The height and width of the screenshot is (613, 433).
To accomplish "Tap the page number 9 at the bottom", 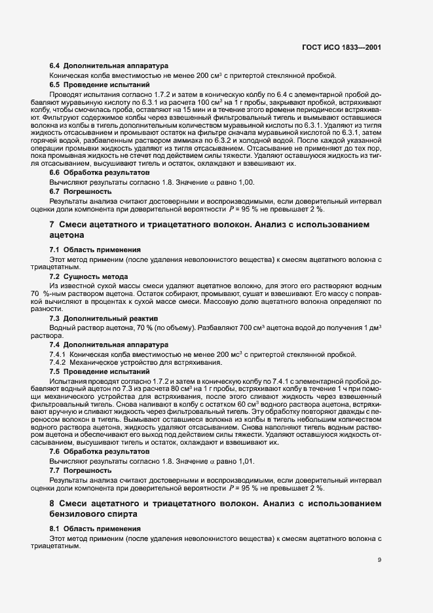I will [x=380, y=560].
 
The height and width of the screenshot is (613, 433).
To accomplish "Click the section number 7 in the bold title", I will [x=52, y=225].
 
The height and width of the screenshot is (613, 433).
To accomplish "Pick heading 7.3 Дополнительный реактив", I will [x=96, y=319].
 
